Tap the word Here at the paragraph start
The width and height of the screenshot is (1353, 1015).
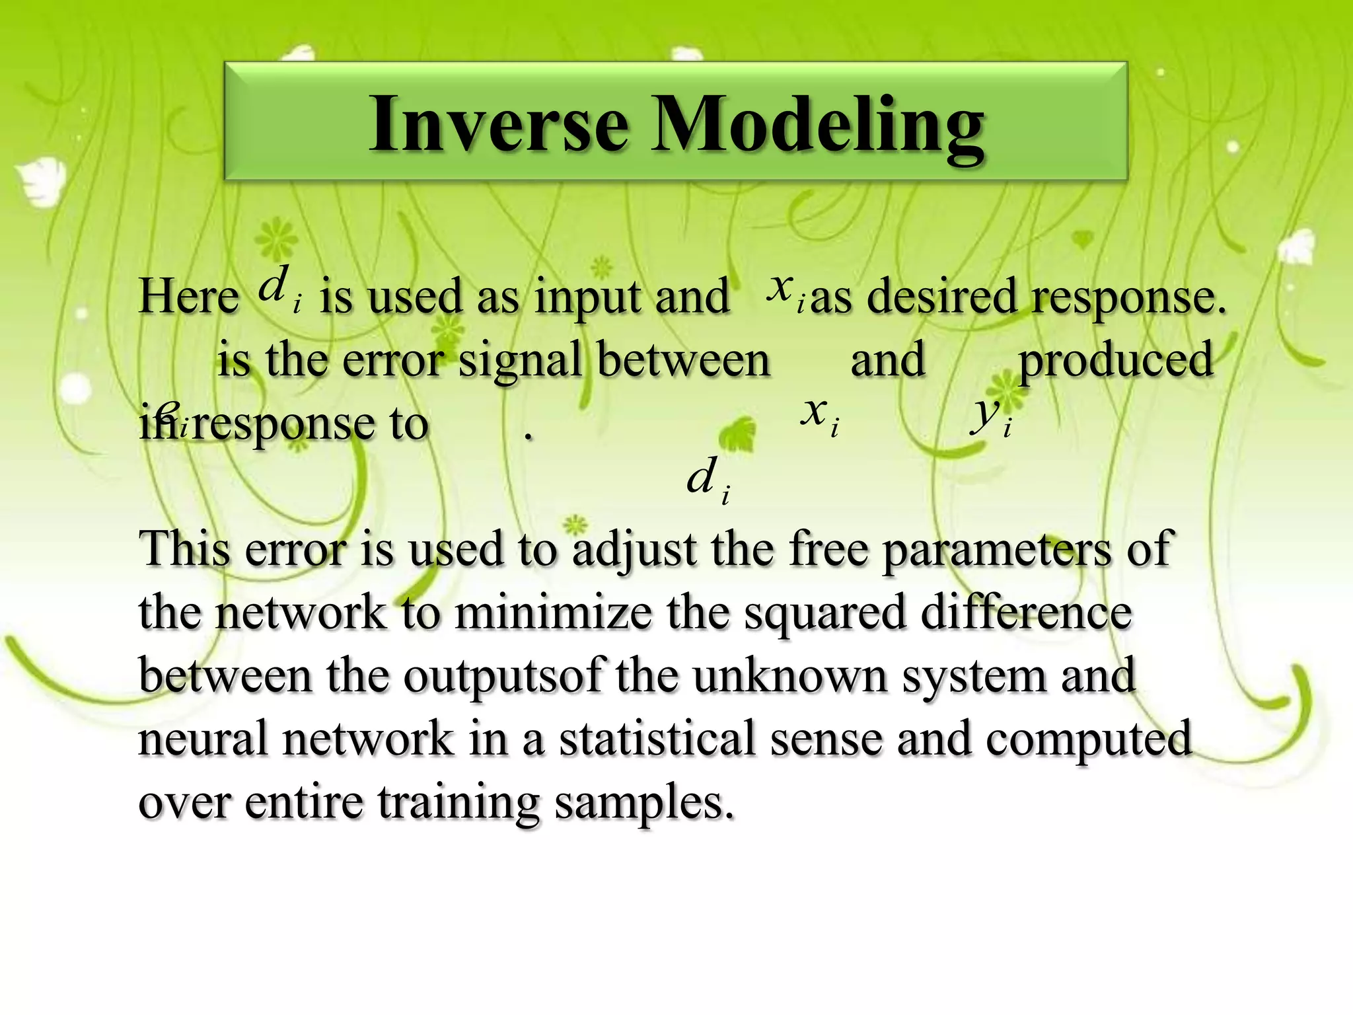189,295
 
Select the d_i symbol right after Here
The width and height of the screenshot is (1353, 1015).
278,288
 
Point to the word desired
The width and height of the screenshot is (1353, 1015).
941,295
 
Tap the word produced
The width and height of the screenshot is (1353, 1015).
1116,360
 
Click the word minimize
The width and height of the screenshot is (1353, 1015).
552,613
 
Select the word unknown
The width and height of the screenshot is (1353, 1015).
789,676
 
